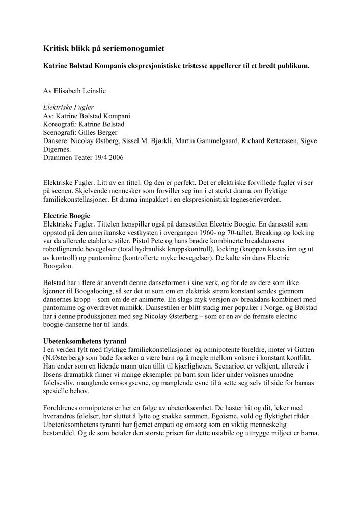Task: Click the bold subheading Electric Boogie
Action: tap(66, 216)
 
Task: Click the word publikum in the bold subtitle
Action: tap(291, 66)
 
